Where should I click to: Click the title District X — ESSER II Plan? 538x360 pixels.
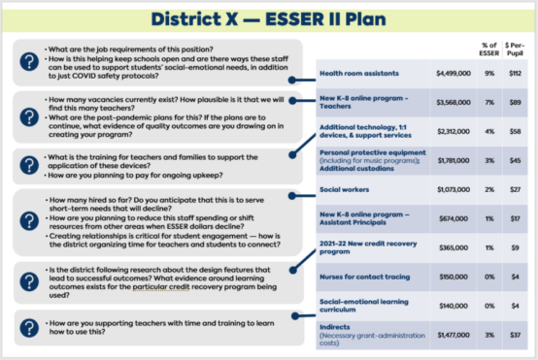(x=268, y=18)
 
